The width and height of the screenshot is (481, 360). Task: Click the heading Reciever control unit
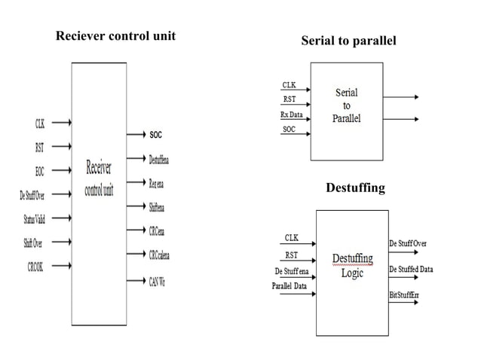click(x=115, y=36)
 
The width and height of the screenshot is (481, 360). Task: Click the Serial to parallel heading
click(x=348, y=41)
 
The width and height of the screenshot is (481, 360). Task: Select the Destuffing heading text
click(x=355, y=188)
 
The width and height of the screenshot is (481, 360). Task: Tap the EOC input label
click(x=39, y=171)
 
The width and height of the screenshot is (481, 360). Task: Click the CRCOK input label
click(x=35, y=267)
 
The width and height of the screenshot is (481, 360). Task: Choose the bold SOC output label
click(x=155, y=135)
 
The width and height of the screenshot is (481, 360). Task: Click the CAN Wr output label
click(x=158, y=281)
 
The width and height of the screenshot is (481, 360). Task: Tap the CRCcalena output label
click(x=159, y=255)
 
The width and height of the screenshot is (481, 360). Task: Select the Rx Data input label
click(x=293, y=115)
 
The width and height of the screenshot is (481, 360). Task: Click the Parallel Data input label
click(x=290, y=286)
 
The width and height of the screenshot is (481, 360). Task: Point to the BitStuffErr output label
click(x=404, y=294)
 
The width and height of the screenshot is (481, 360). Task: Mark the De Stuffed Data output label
click(x=411, y=269)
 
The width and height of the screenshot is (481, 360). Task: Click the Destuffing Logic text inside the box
click(x=352, y=265)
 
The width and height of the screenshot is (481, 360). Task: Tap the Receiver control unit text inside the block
click(x=99, y=179)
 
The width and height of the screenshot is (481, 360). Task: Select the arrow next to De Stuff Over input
click(x=59, y=195)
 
